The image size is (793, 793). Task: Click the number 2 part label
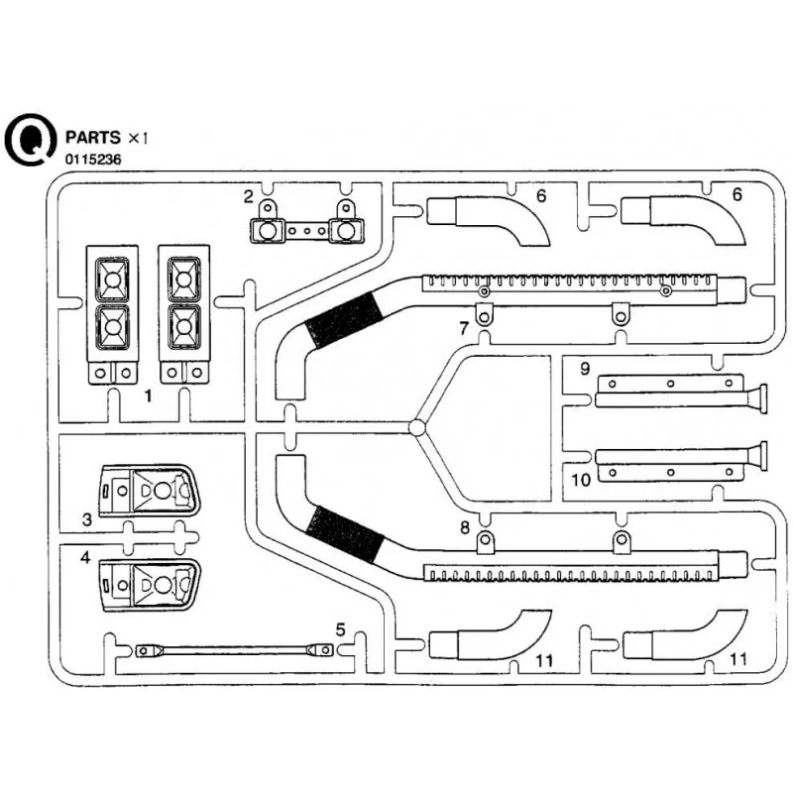coord(248,195)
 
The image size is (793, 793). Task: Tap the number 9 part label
coord(585,370)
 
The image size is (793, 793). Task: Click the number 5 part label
coord(340,628)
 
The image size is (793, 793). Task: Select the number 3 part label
coord(87,519)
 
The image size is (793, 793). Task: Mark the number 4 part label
coord(87,558)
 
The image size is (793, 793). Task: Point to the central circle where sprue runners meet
coord(417,427)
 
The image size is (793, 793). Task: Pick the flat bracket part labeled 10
coord(669,464)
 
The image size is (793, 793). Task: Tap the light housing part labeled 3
coord(150,490)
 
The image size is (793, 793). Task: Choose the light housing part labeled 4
coord(150,584)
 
